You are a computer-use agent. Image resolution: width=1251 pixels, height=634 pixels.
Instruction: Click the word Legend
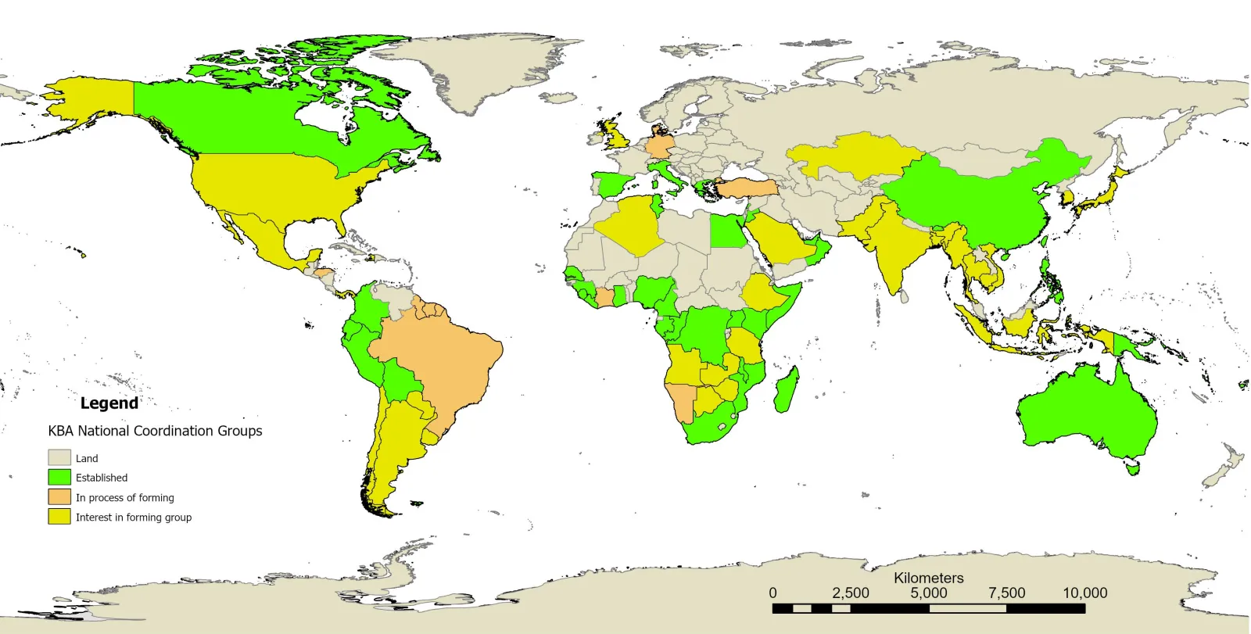tap(109, 403)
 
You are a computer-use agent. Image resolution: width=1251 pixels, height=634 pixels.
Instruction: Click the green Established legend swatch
tap(59, 477)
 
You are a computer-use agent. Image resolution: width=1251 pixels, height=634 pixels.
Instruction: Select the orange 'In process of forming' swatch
tap(59, 497)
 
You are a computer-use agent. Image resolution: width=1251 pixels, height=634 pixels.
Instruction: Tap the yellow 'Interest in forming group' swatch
tap(59, 517)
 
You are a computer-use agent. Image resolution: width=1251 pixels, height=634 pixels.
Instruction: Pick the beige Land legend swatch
tap(59, 457)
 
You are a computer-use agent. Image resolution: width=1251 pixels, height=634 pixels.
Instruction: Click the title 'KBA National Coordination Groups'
tap(155, 431)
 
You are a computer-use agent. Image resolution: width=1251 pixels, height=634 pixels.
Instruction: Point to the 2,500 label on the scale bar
tap(851, 593)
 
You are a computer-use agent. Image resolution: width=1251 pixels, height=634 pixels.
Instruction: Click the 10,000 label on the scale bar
tap(1084, 593)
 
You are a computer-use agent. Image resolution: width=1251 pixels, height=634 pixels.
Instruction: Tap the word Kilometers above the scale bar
tap(928, 578)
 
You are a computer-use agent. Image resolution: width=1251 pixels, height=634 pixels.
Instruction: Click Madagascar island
tap(787, 390)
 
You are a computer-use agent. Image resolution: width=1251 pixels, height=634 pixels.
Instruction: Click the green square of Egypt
tap(727, 231)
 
